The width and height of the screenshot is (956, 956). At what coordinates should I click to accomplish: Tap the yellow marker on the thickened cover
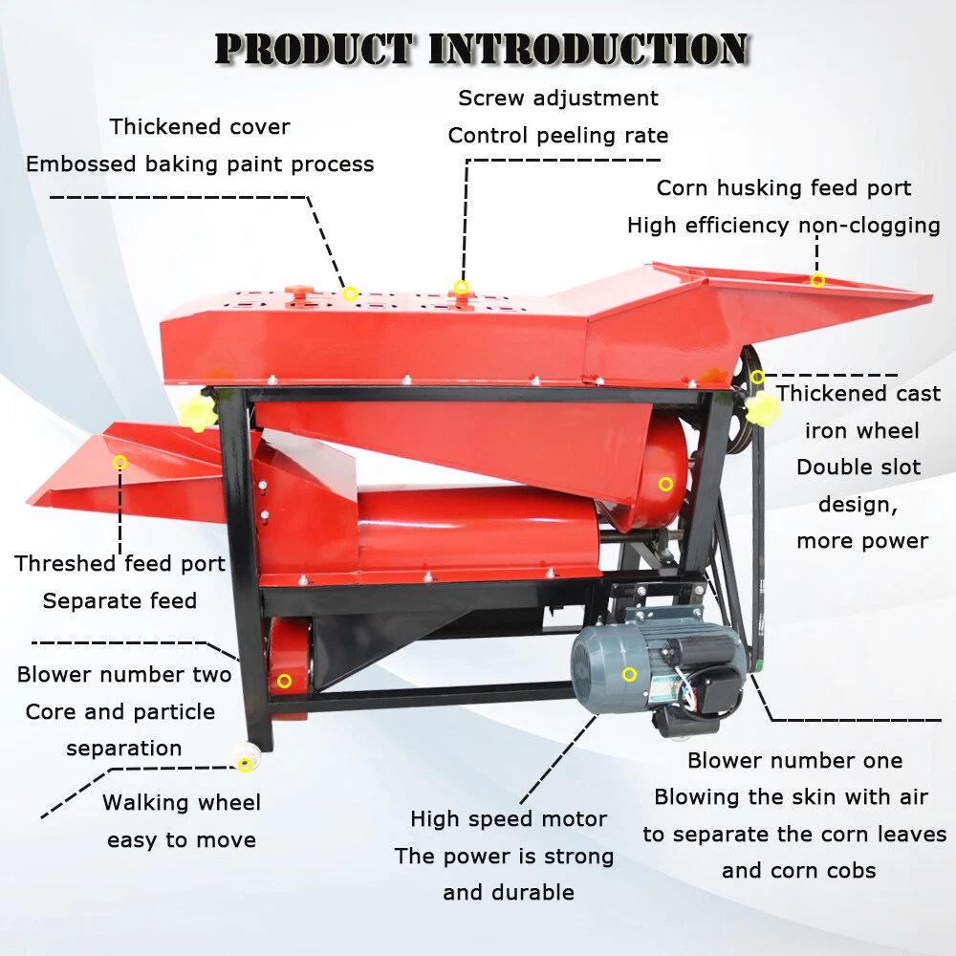point(350,293)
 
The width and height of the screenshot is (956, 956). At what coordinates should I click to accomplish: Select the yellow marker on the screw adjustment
point(461,287)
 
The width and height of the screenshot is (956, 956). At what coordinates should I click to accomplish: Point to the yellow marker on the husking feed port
point(817,280)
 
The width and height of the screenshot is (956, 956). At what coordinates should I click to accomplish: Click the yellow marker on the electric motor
point(629,675)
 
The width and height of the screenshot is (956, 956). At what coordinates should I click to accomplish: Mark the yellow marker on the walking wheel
point(246,764)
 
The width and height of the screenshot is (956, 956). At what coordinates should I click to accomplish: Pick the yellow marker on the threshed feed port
point(119,463)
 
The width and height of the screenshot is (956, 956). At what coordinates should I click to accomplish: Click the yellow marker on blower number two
point(284,681)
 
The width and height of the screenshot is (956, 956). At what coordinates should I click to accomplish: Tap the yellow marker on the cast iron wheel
point(757,377)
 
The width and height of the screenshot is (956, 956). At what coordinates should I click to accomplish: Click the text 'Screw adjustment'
point(558,98)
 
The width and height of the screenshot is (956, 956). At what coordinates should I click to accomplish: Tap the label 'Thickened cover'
point(199,126)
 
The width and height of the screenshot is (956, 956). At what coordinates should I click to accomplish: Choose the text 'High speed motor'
point(508,819)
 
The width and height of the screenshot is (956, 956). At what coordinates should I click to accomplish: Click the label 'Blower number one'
point(794,761)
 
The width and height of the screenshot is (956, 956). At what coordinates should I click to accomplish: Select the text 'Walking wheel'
point(182,803)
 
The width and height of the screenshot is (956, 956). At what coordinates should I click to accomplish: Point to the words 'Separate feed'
point(119,601)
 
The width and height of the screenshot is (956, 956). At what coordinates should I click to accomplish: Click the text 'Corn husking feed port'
point(784,188)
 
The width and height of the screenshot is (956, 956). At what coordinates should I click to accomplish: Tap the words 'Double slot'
point(858,467)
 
